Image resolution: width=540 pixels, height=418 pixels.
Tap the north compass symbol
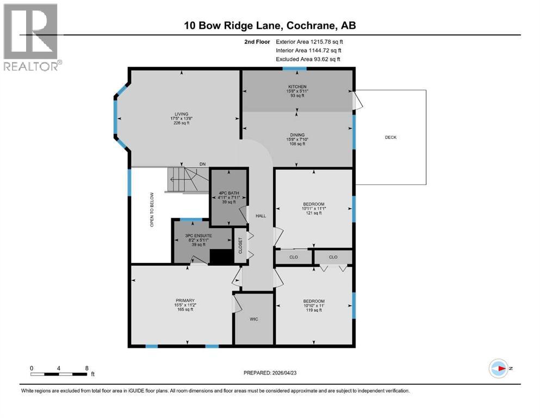pos(498,368)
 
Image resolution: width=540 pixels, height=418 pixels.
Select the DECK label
pos(390,137)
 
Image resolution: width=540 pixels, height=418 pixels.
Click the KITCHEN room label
pos(297,87)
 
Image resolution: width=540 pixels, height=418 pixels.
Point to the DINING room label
pos(297,135)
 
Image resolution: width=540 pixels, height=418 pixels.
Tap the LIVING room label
pos(182,114)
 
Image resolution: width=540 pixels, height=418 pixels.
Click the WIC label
pos(253,319)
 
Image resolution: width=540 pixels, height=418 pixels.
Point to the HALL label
pos(261,216)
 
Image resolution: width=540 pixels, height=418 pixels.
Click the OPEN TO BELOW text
pos(152,209)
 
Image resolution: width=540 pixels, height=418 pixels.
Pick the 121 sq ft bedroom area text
pos(313,213)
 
